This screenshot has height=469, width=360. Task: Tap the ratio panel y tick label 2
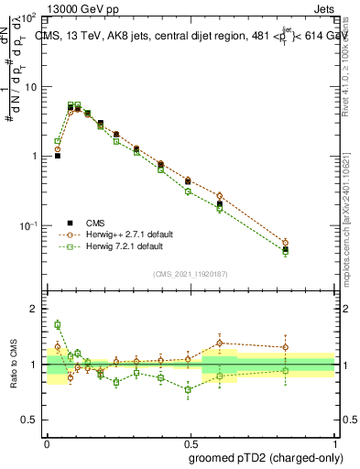click(34, 310)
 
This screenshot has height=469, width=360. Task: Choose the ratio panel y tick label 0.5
click(29, 420)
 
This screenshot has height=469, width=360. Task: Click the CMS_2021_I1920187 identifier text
click(191, 273)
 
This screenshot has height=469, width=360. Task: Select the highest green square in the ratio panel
click(58, 324)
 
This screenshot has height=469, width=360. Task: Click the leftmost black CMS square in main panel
click(58, 156)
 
